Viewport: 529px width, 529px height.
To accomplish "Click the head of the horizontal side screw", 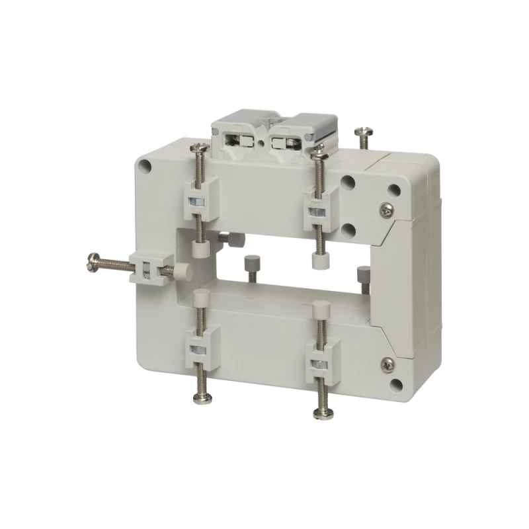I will click(92, 263).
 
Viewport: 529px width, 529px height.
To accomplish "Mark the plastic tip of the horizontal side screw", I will click(181, 270).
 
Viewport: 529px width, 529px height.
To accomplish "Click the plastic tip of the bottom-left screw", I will click(202, 296).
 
